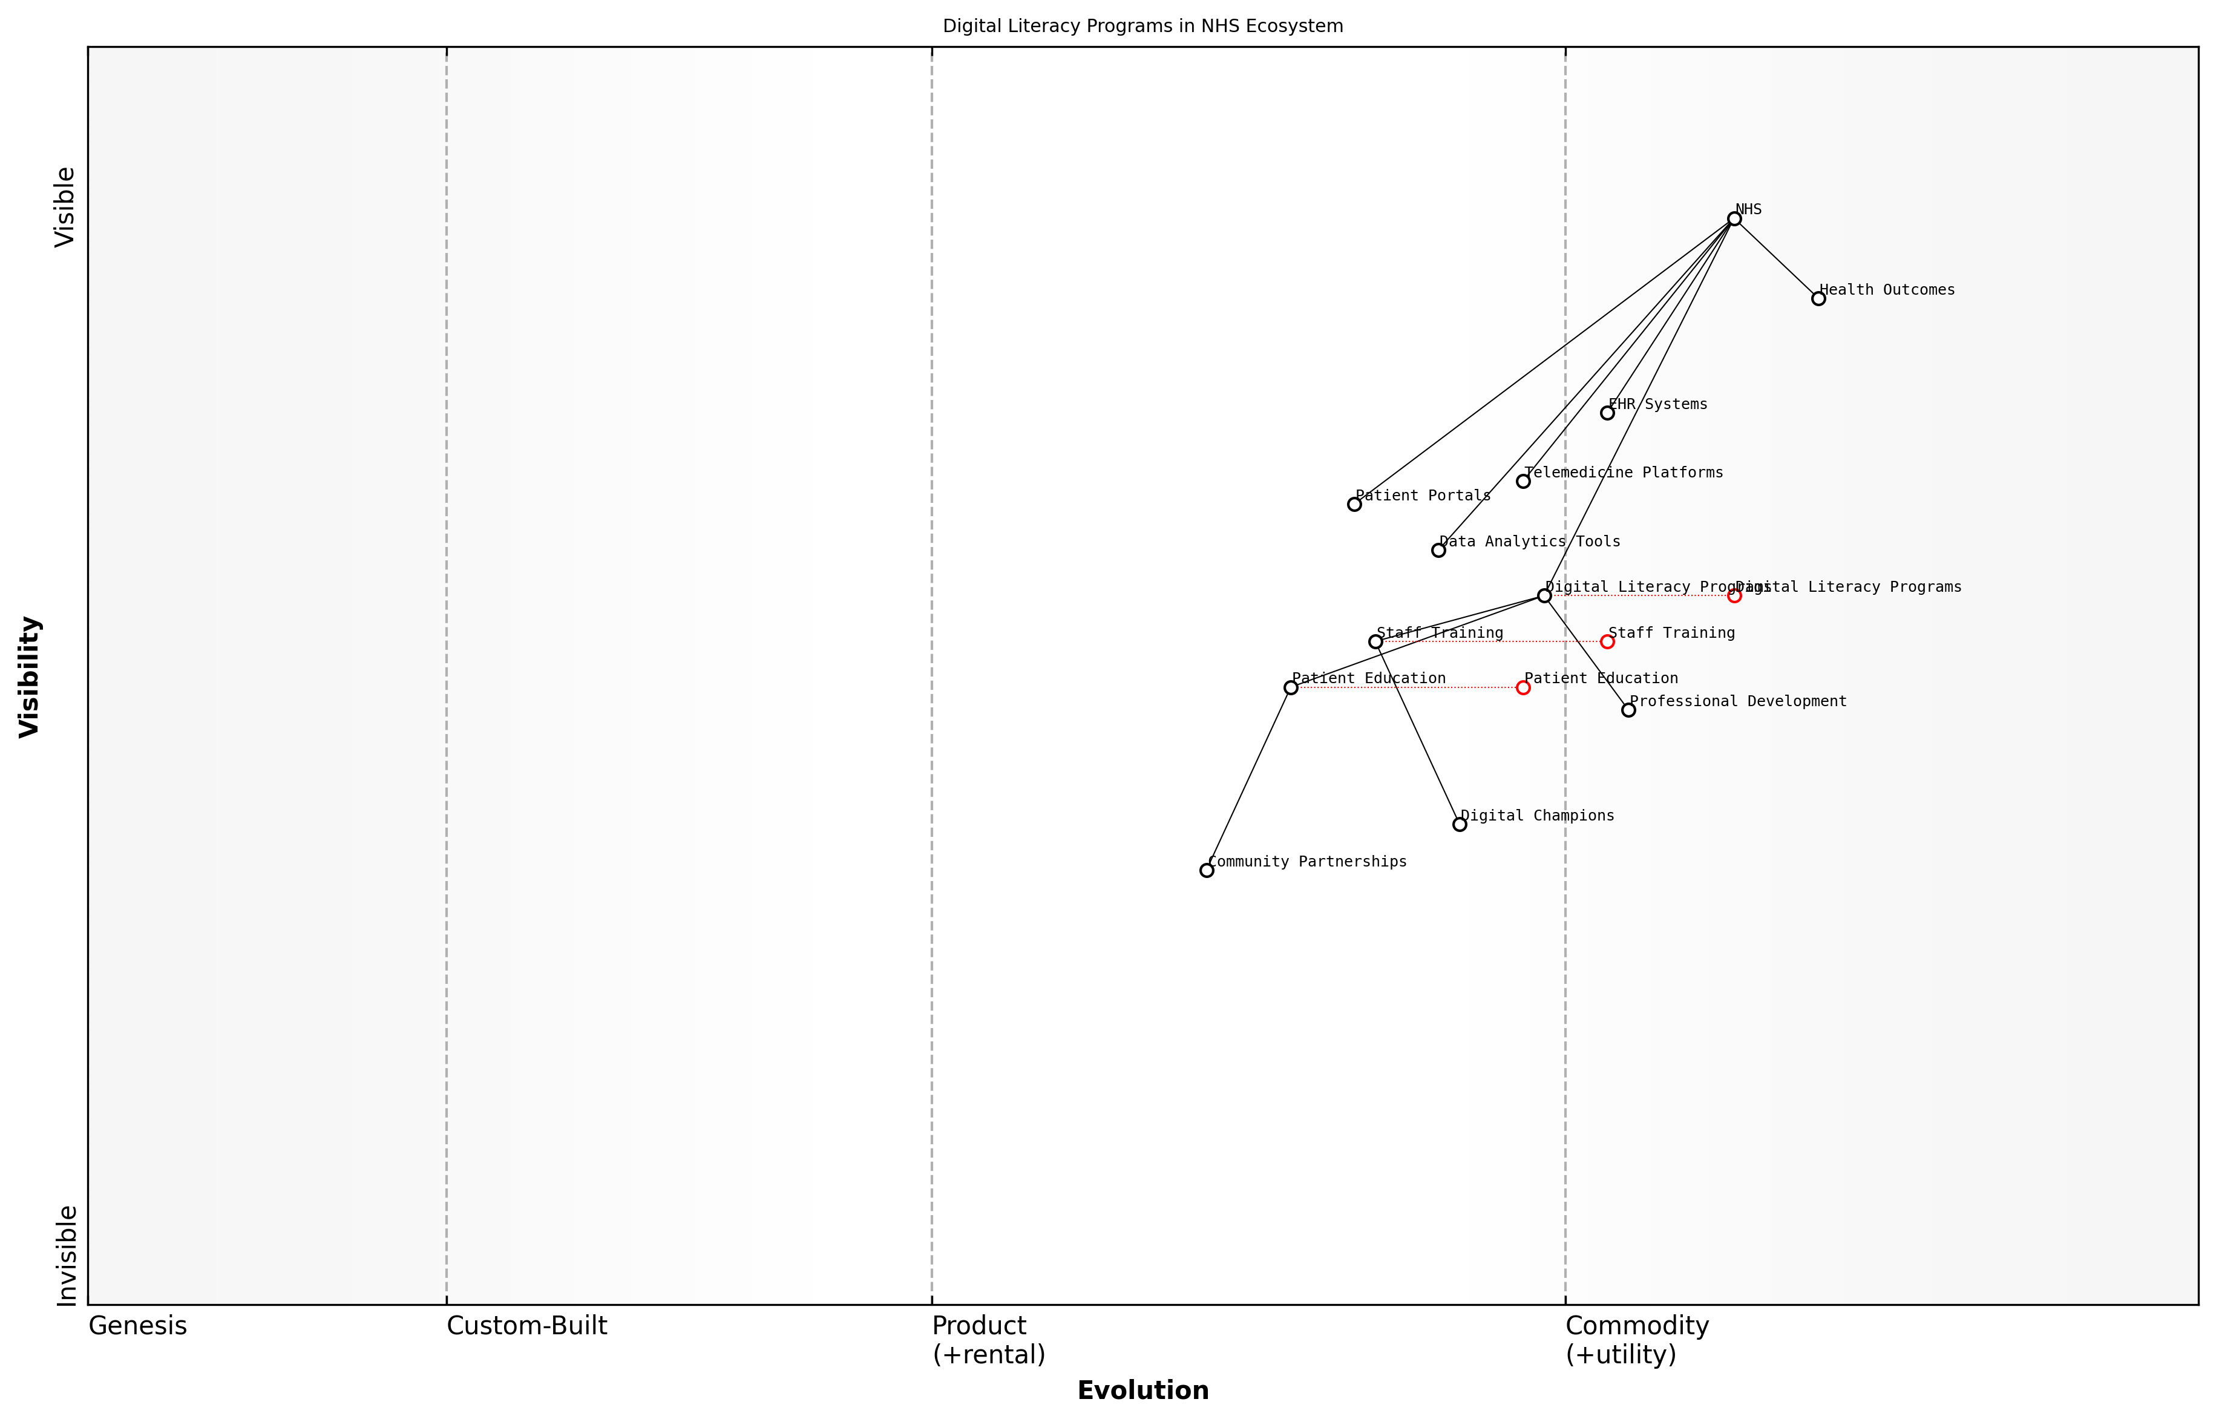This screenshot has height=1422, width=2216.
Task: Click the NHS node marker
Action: pos(1734,219)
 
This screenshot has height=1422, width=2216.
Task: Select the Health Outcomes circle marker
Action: pos(1818,298)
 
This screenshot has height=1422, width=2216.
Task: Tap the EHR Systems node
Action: pos(1607,413)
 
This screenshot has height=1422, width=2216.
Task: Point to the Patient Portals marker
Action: pos(1354,504)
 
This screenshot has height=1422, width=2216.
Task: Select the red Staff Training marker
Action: pos(1607,642)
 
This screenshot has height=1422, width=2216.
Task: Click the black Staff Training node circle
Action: pos(1375,642)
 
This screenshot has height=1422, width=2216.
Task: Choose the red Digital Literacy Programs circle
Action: pos(1734,595)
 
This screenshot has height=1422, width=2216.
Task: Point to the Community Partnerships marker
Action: pos(1207,871)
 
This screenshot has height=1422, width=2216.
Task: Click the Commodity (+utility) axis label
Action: pos(1636,1340)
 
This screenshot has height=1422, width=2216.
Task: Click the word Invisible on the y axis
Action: pos(67,1256)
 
